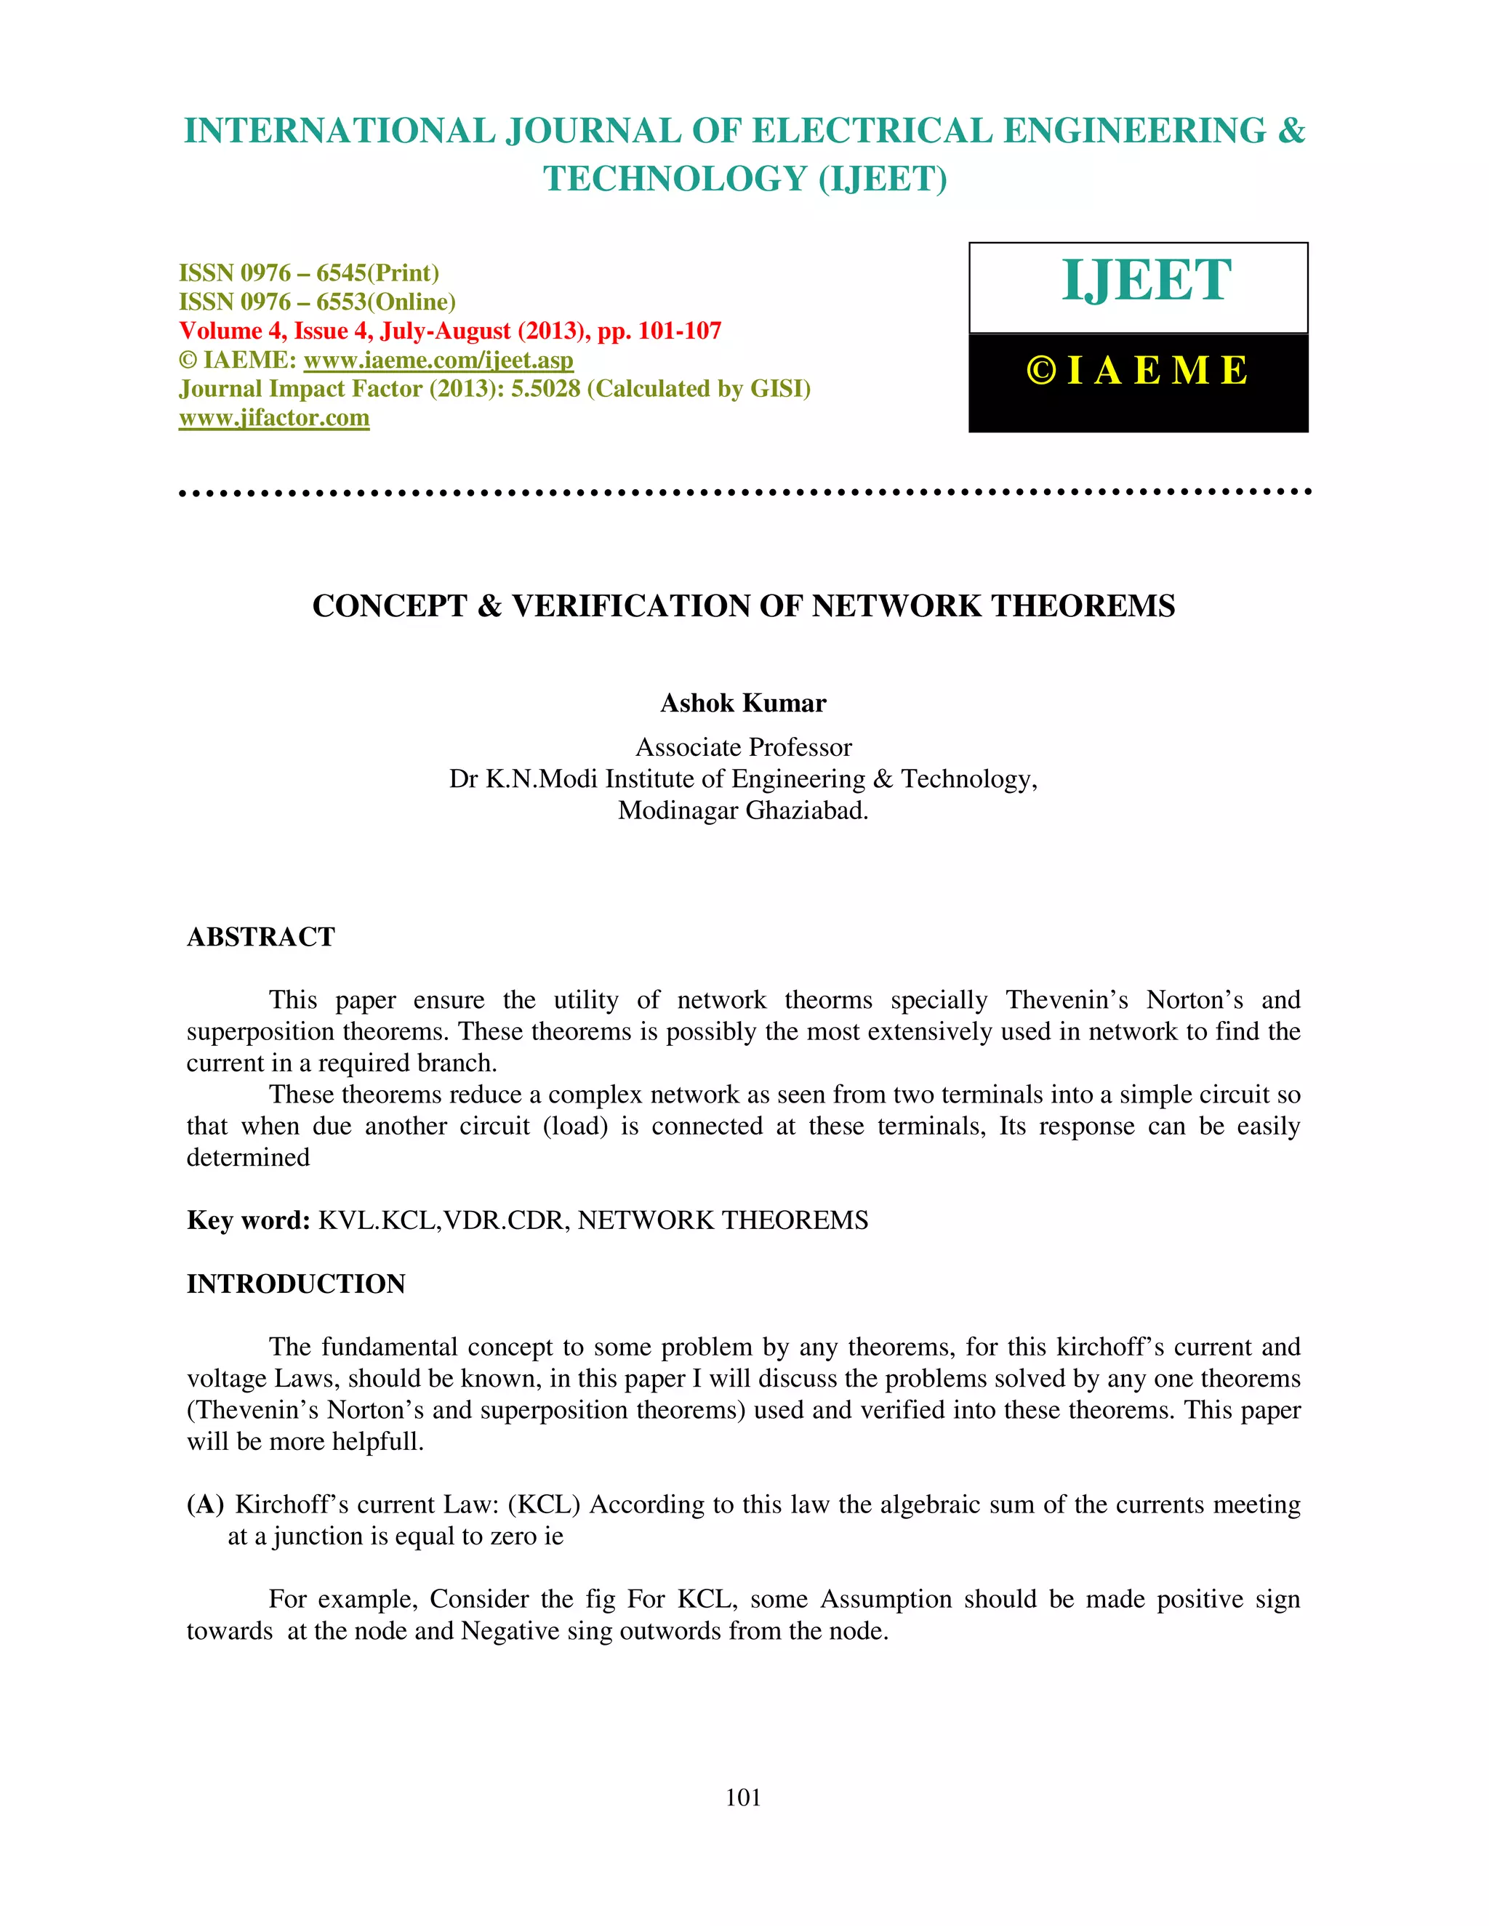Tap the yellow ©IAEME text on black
[1137, 371]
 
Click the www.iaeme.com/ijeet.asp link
[438, 360]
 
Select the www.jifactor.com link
[274, 418]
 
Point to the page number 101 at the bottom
[743, 1797]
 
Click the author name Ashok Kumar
[743, 704]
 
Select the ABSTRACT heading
[261, 937]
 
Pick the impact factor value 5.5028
[545, 389]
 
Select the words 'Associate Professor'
[743, 748]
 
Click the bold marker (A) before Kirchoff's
[206, 1504]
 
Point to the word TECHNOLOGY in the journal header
[675, 179]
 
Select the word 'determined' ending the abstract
[248, 1157]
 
